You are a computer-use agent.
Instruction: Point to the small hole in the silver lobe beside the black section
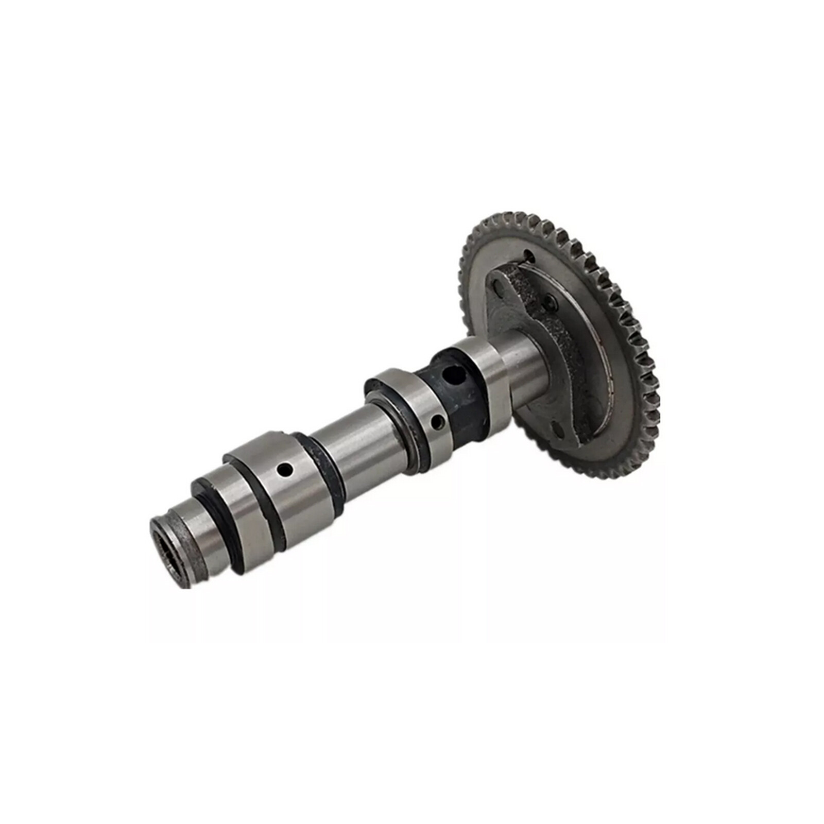438,422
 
